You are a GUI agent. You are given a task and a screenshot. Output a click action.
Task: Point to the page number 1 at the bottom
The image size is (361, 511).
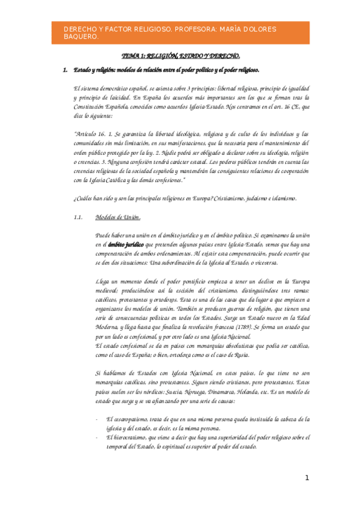tap(306, 478)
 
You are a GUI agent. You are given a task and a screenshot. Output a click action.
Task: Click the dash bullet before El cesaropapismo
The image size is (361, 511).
tap(97, 418)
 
